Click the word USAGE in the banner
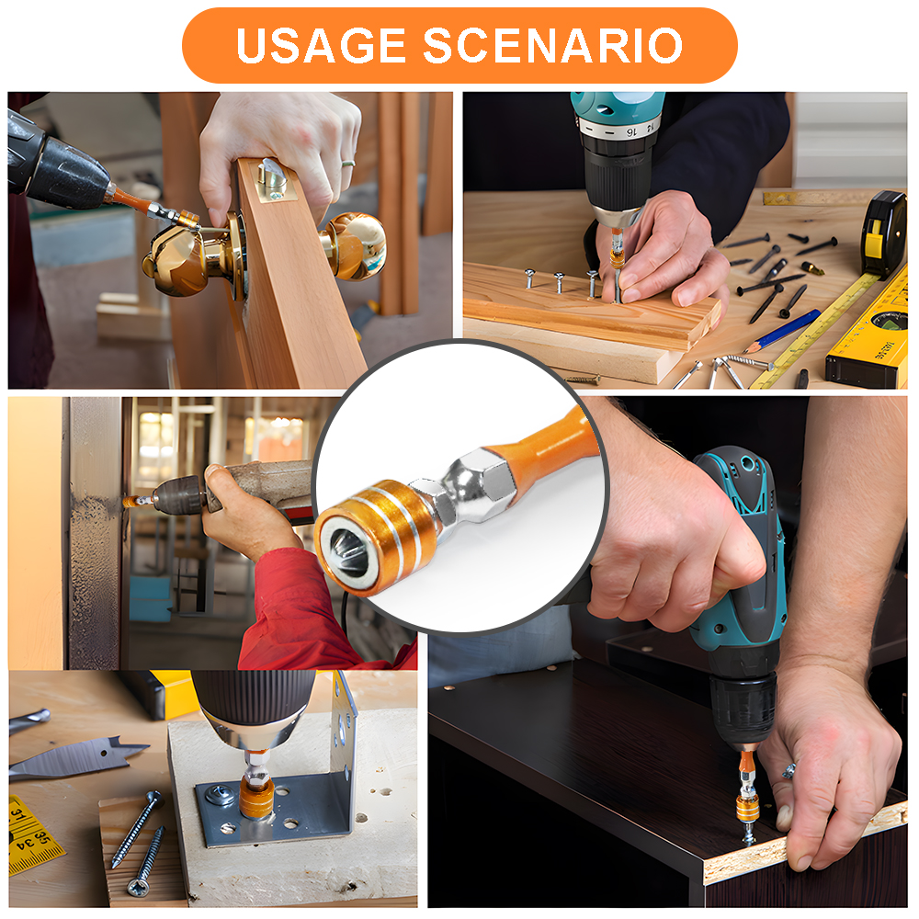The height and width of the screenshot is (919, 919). click(x=321, y=45)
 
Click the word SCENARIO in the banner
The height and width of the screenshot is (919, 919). click(x=552, y=45)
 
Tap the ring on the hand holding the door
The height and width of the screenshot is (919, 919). click(x=348, y=164)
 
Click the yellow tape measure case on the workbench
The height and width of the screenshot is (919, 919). click(x=883, y=233)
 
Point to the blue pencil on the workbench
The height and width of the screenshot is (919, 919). click(x=782, y=331)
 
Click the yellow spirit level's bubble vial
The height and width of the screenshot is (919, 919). click(x=889, y=321)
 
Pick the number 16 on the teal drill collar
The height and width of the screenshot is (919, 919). click(x=631, y=132)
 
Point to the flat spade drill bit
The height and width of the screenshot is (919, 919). click(x=77, y=758)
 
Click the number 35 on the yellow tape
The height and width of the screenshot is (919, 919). click(x=43, y=835)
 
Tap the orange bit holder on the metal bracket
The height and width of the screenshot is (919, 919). click(x=256, y=795)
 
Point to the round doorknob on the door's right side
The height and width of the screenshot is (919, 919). click(x=354, y=245)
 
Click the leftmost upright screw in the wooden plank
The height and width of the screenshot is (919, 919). click(x=529, y=278)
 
